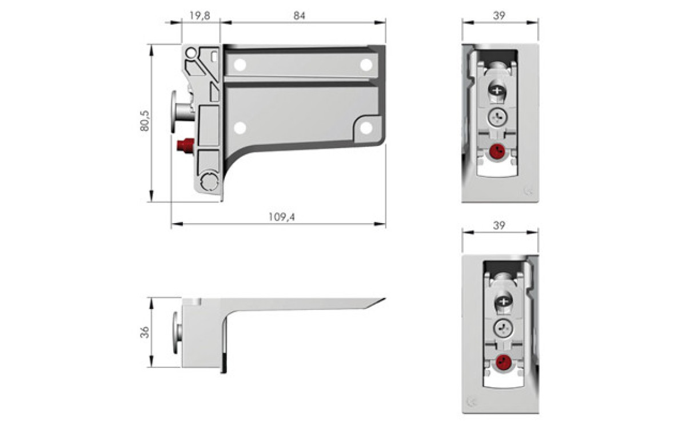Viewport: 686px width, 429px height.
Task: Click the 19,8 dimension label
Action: tap(200, 16)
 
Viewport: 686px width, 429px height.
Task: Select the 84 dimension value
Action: tap(299, 16)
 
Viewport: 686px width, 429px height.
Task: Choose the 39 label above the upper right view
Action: tap(498, 16)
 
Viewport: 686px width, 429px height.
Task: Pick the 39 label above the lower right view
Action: tap(498, 226)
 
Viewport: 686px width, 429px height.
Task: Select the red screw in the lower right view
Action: tap(503, 362)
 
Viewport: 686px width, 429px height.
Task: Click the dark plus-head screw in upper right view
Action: tap(497, 90)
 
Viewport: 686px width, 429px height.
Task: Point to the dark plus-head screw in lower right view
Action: tap(503, 301)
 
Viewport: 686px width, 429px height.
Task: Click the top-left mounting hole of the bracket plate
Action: tap(240, 65)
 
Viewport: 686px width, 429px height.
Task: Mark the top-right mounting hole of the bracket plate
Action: tap(366, 65)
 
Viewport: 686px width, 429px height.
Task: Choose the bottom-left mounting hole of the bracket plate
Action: tap(240, 127)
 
